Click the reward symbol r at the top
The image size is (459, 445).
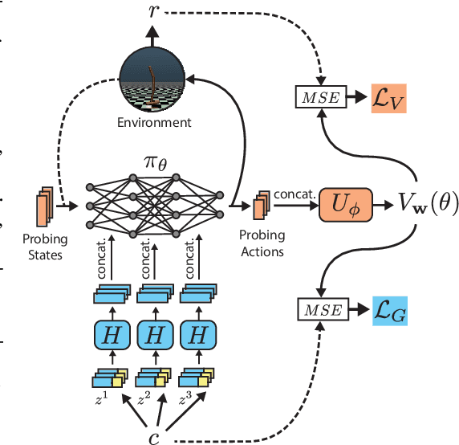[x=153, y=11]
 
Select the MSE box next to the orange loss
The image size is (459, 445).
[x=318, y=97]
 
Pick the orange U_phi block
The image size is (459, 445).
[x=345, y=204]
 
